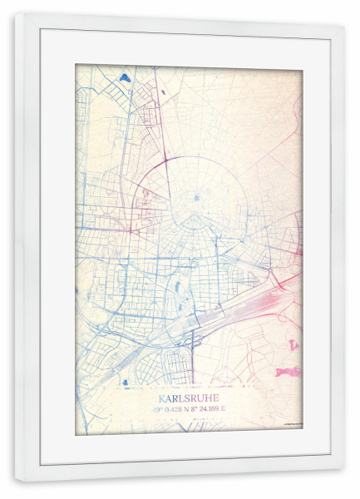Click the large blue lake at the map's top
coord(125,78)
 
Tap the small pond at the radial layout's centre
coord(196,198)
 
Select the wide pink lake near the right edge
coord(288,372)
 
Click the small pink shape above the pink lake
coord(293,343)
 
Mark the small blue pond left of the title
coord(125,383)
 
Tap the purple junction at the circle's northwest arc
coord(165,157)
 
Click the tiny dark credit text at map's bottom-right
coord(291,425)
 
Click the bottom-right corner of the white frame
coord(344,483)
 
